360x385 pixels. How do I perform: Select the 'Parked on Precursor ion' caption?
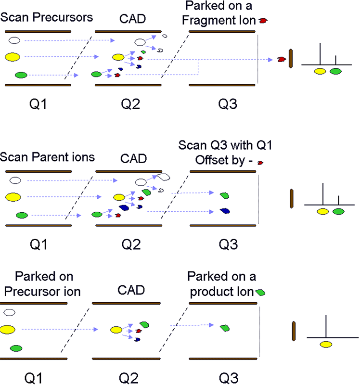[x=44, y=284]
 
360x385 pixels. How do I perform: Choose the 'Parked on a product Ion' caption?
[x=222, y=284]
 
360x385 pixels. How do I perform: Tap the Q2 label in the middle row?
[x=130, y=244]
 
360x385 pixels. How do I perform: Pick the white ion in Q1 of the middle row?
[x=15, y=180]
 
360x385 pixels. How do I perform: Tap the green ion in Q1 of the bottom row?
[x=16, y=347]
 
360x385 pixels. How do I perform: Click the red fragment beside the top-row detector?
[x=280, y=59]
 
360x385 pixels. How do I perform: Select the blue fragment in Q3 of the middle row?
[x=224, y=211]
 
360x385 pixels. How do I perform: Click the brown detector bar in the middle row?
[x=291, y=199]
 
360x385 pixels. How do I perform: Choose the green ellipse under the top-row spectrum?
[x=336, y=71]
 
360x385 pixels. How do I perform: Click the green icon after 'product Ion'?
[x=260, y=292]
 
